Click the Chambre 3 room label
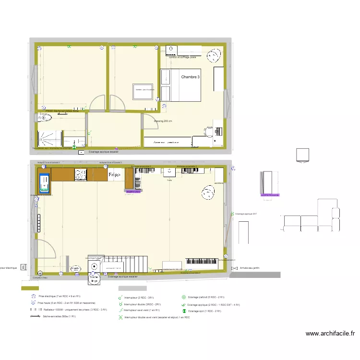[191, 77]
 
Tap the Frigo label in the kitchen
[114, 174]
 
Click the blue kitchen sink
[45, 182]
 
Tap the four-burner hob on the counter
[80, 175]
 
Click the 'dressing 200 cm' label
[163, 121]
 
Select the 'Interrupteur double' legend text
[142, 304]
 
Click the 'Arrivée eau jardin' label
[249, 268]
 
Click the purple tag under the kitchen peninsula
[133, 191]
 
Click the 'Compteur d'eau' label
[40, 278]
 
